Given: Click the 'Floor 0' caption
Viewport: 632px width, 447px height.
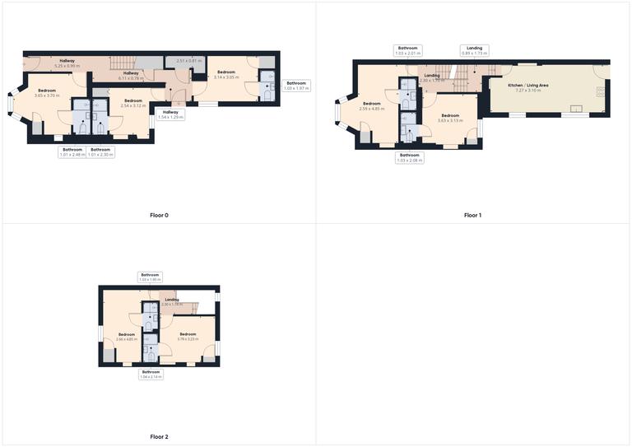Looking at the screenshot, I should tap(159, 216).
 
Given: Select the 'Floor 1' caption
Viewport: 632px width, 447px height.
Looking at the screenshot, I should tap(472, 216).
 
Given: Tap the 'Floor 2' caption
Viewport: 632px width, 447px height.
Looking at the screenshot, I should tap(159, 437).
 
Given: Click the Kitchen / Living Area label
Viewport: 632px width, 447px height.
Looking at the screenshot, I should tap(528, 86).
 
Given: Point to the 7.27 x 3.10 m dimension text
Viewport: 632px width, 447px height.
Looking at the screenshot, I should tap(528, 91).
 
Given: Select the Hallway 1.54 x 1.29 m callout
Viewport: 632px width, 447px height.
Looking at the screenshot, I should tap(170, 114).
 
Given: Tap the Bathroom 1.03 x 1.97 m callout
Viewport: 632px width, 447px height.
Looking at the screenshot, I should tap(296, 85).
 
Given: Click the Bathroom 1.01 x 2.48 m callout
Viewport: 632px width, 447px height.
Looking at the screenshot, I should tap(72, 151).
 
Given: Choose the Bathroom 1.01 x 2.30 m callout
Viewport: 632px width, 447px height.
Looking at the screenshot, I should tap(101, 151).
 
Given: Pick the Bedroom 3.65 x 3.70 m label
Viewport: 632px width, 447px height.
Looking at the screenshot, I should tap(46, 93).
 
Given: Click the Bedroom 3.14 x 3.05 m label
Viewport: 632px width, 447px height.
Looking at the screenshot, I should tap(226, 75).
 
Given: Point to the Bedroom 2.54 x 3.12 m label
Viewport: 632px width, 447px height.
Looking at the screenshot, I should tap(133, 103).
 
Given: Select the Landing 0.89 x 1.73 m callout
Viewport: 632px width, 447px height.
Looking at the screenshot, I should tap(475, 50).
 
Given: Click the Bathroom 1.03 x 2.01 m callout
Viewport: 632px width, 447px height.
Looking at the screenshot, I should tap(408, 50).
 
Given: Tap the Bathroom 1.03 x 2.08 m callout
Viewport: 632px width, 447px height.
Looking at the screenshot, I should tap(409, 157).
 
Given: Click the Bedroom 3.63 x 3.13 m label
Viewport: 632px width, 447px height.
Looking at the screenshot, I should tap(451, 118).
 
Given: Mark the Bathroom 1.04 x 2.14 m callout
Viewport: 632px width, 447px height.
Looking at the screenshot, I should tap(151, 374).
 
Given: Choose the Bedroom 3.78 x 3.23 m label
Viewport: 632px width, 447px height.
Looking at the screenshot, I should tap(188, 336).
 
